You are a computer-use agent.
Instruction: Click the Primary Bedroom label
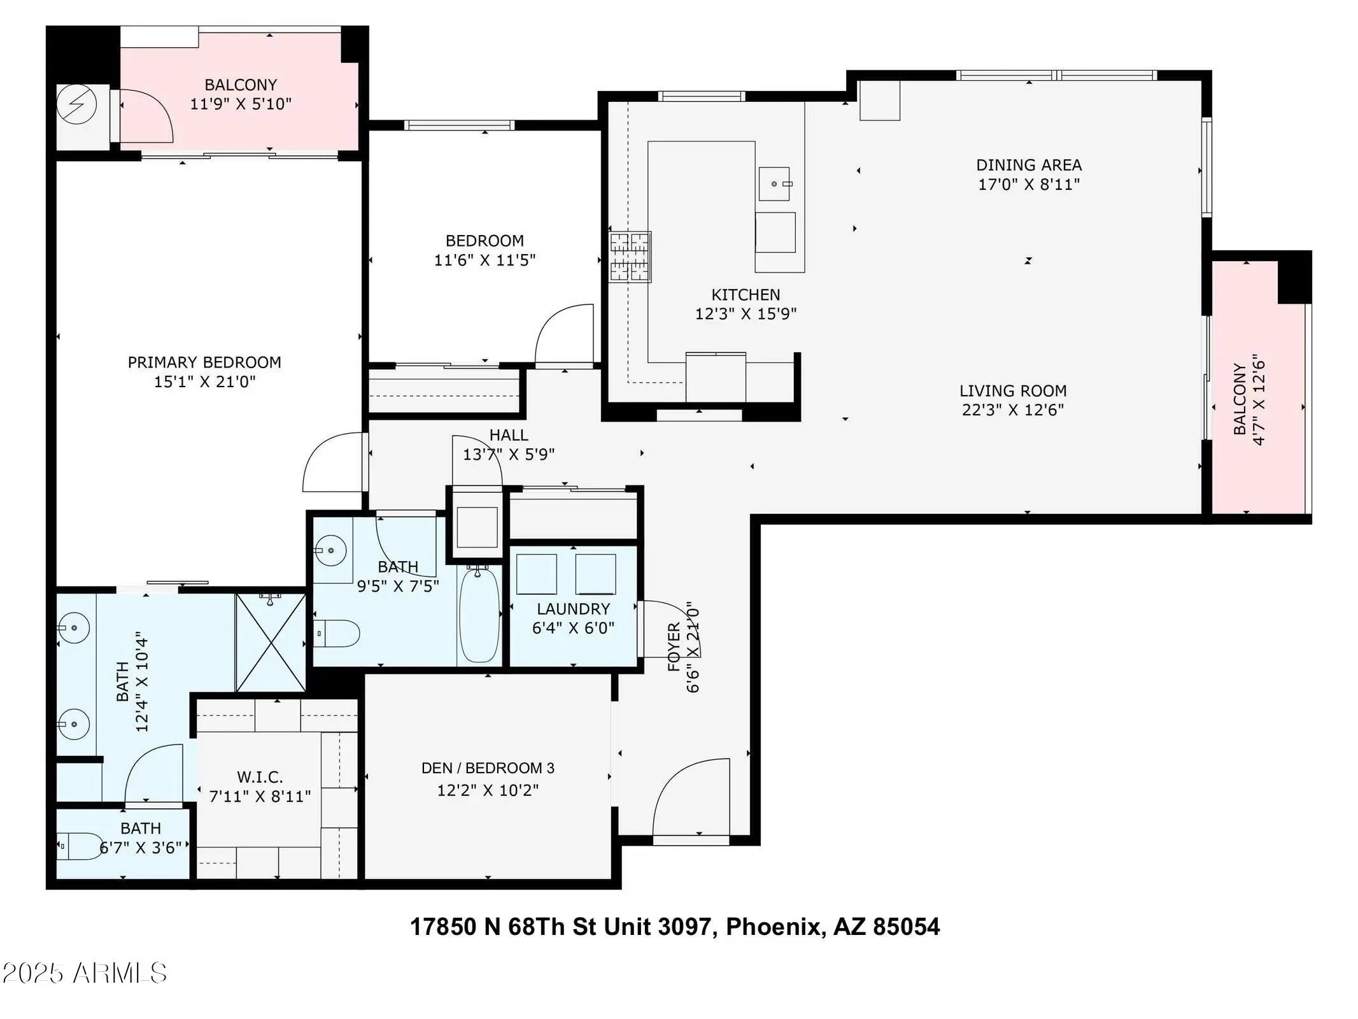coord(204,362)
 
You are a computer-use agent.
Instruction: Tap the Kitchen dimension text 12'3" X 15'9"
coord(746,314)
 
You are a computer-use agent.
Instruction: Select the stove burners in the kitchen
coord(630,257)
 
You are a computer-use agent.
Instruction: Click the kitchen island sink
coord(774,183)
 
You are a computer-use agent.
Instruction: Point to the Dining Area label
coord(1029,165)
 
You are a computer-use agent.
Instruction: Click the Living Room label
coord(1013,390)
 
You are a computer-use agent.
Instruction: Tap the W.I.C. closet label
coord(260,777)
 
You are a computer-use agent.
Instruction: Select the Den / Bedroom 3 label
coord(488,768)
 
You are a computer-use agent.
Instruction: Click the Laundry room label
coord(573,609)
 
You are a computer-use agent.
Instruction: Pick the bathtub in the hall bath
coord(479,614)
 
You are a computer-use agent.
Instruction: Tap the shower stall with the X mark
coord(271,642)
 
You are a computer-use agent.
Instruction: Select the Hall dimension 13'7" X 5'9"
coord(509,455)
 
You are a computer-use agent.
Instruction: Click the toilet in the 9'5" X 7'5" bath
coord(337,634)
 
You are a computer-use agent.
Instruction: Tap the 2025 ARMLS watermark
coord(84,973)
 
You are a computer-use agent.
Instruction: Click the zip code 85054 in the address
coord(906,927)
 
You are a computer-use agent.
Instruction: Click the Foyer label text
coord(674,648)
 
